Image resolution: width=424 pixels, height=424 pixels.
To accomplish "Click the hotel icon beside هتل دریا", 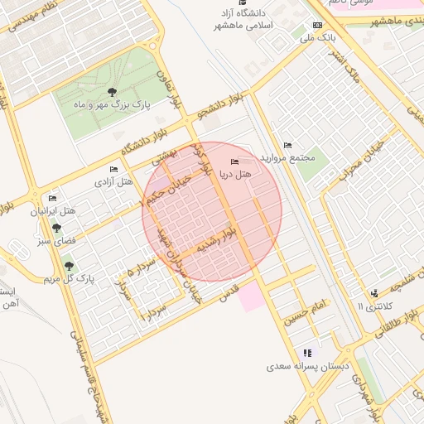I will pos(234,161).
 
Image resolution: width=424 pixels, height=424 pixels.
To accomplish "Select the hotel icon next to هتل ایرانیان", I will pos(53,198).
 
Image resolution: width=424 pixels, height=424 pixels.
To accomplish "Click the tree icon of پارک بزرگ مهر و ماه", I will pos(112,92).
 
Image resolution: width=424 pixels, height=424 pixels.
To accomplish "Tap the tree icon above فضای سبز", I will pos(56,227).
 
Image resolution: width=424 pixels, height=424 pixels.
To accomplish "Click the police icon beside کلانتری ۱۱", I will pos(375,292).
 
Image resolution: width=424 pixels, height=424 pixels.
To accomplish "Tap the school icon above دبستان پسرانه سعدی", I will pos(308,352).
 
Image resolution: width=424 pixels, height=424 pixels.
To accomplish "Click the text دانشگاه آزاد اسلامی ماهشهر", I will pos(241,20).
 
